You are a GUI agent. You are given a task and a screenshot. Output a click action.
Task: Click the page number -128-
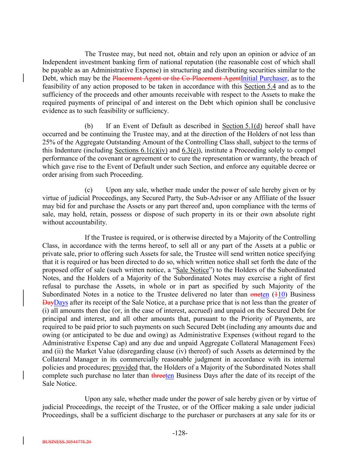[x=180, y=433]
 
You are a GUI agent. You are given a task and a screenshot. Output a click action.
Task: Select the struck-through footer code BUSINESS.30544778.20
[x=67, y=441]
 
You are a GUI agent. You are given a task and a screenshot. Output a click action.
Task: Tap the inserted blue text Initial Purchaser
[x=264, y=79]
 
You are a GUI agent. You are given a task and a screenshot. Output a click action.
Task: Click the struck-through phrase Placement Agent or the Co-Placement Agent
[x=176, y=79]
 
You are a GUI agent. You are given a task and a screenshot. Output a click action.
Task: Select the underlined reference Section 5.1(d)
[x=242, y=126]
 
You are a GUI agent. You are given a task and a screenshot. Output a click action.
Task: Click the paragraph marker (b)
[x=89, y=126]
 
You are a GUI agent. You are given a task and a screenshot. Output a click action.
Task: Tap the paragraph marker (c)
[x=88, y=190]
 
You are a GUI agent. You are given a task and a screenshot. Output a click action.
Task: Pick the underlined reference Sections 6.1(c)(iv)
[x=141, y=151]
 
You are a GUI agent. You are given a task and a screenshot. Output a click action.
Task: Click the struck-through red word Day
[x=48, y=302]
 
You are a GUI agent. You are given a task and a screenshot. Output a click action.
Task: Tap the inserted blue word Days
[x=61, y=302]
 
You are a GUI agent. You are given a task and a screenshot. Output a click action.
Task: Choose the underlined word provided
[x=125, y=367]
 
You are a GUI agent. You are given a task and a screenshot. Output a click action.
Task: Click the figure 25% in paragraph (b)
[x=48, y=142]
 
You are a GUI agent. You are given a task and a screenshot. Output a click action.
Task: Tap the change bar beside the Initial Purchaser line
[x=23, y=78]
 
